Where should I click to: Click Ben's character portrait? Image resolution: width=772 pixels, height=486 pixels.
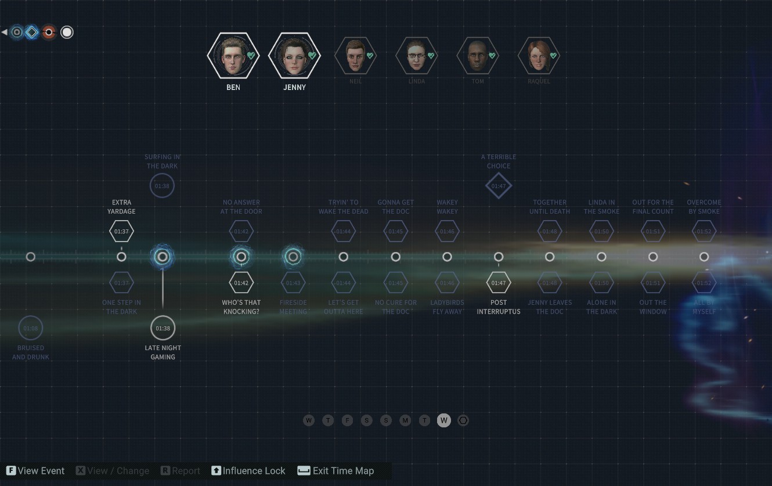click(x=233, y=56)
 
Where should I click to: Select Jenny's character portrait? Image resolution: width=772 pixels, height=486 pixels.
click(x=294, y=56)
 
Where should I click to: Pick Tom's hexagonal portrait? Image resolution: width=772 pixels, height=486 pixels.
click(x=478, y=56)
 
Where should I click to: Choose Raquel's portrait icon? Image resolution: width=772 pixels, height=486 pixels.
click(x=539, y=56)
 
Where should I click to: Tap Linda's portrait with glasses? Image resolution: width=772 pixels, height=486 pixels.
click(x=416, y=56)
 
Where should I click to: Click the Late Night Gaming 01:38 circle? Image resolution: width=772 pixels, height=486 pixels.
click(x=163, y=328)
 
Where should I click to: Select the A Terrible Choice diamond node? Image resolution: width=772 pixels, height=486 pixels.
click(x=499, y=186)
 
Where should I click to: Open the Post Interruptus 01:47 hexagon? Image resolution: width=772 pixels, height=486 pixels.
click(x=499, y=283)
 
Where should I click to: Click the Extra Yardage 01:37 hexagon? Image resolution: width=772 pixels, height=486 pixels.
click(x=121, y=231)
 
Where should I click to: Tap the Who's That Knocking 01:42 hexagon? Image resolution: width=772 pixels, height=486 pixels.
click(x=241, y=283)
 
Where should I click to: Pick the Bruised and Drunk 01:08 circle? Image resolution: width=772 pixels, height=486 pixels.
click(x=31, y=328)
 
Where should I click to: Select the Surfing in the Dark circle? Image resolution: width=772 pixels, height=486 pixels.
click(x=162, y=186)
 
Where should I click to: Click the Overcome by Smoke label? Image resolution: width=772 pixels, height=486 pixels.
click(x=704, y=207)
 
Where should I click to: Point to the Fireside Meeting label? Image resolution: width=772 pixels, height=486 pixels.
click(x=293, y=307)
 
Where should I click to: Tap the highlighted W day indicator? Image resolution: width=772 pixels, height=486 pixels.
click(x=444, y=420)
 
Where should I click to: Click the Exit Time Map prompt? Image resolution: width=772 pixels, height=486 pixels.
click(x=336, y=471)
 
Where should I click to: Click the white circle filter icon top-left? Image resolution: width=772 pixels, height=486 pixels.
click(x=67, y=33)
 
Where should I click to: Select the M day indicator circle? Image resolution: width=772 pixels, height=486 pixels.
click(x=405, y=420)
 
